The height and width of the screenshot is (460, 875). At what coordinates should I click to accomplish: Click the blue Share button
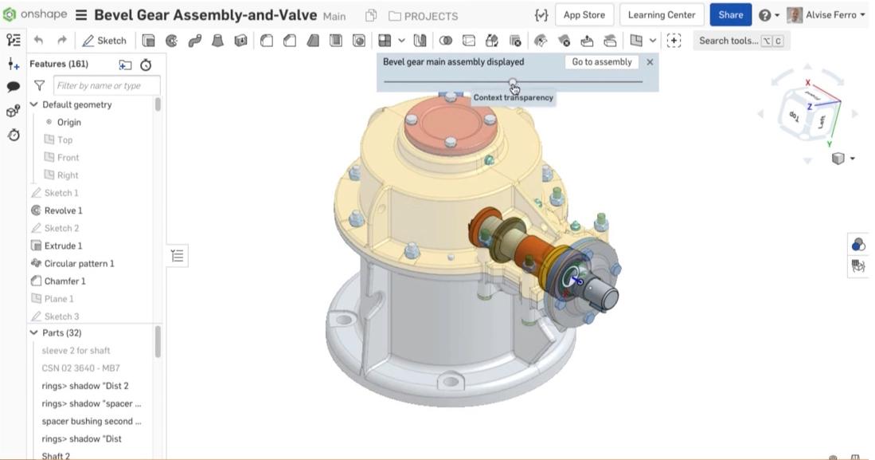click(x=730, y=15)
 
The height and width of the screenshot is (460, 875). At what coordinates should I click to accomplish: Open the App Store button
click(x=584, y=15)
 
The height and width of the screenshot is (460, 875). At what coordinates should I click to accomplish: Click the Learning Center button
click(x=662, y=15)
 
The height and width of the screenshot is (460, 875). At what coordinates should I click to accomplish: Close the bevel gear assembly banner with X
click(x=650, y=62)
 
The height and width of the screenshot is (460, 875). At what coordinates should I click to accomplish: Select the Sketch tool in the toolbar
click(x=104, y=41)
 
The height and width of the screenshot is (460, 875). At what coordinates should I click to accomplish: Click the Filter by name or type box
click(x=107, y=85)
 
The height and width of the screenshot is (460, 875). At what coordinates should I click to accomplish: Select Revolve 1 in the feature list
click(x=63, y=210)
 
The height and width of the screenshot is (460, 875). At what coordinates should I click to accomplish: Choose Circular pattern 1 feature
click(x=79, y=263)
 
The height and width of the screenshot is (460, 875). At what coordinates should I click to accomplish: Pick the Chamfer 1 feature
click(x=64, y=281)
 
